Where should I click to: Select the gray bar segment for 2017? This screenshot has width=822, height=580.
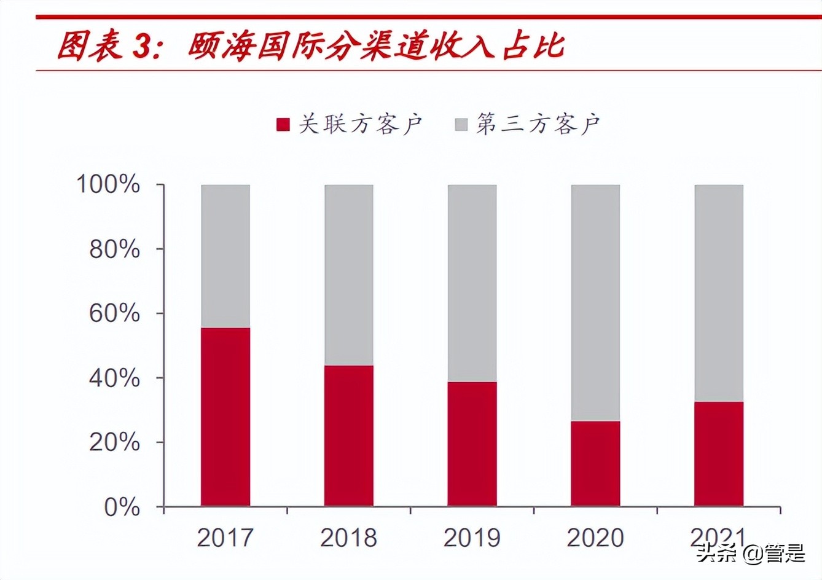click(x=225, y=256)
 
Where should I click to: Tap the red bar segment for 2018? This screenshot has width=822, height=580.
click(x=349, y=436)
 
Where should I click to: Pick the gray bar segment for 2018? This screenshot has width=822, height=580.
click(x=349, y=275)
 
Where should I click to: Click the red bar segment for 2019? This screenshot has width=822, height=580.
click(x=472, y=444)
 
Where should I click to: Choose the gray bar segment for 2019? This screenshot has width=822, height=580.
click(x=472, y=283)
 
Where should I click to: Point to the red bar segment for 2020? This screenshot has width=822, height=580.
click(x=595, y=463)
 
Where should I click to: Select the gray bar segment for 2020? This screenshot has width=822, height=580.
click(x=595, y=302)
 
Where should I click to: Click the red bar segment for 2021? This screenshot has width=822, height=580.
click(x=719, y=453)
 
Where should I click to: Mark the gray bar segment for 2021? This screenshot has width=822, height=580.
click(x=719, y=292)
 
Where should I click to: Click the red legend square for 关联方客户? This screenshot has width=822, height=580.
click(x=283, y=125)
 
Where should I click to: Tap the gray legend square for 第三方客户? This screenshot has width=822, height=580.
click(x=461, y=125)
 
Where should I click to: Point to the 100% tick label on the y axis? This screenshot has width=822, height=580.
click(x=108, y=184)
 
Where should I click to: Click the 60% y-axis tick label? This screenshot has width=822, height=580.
click(x=115, y=313)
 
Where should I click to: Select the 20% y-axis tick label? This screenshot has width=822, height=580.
click(x=115, y=442)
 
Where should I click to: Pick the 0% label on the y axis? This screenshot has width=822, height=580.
click(x=122, y=507)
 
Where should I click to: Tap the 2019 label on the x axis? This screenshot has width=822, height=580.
click(x=472, y=538)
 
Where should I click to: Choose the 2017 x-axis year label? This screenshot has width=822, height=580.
click(x=225, y=538)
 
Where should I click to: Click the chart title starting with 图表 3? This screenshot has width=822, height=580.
click(x=310, y=46)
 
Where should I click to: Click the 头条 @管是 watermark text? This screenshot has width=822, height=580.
click(x=750, y=554)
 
